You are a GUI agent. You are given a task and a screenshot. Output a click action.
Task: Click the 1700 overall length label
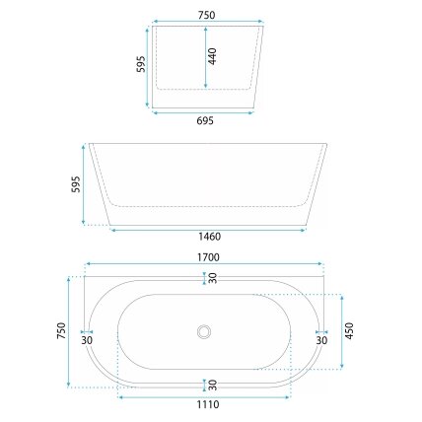(208, 257)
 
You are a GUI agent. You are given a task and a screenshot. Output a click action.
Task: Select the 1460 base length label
(210, 237)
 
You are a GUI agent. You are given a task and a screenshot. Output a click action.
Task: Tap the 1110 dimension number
(208, 404)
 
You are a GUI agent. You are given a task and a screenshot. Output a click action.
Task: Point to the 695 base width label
(205, 120)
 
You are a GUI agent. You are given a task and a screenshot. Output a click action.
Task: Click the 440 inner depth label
(212, 56)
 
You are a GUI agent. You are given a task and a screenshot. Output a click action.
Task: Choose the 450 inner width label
(349, 331)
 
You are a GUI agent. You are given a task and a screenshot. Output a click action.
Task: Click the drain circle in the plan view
(204, 331)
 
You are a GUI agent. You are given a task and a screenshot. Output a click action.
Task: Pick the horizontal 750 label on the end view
(206, 15)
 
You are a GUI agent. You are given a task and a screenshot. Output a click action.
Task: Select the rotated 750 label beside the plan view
(61, 331)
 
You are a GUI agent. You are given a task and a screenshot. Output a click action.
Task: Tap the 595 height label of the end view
(141, 64)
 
